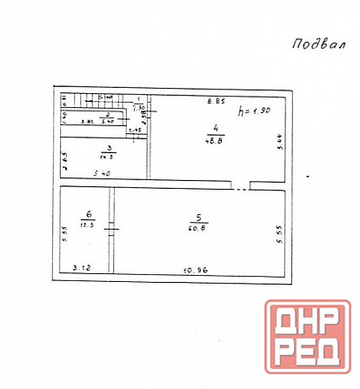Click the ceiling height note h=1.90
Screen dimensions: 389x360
pos(255,111)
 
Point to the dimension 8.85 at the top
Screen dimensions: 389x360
pos(212,102)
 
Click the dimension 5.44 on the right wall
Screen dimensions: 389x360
pos(279,137)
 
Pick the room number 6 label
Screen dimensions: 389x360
pos(88,212)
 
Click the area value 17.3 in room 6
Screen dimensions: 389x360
pos(88,224)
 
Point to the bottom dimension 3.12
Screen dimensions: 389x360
pos(82,268)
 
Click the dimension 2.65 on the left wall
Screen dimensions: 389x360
pos(64,161)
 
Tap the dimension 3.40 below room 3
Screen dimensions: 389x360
pos(101,175)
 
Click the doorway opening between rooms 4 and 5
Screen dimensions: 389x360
pos(240,186)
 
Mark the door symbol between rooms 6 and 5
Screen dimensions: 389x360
pos(110,229)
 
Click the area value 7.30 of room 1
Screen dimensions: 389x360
pos(138,108)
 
